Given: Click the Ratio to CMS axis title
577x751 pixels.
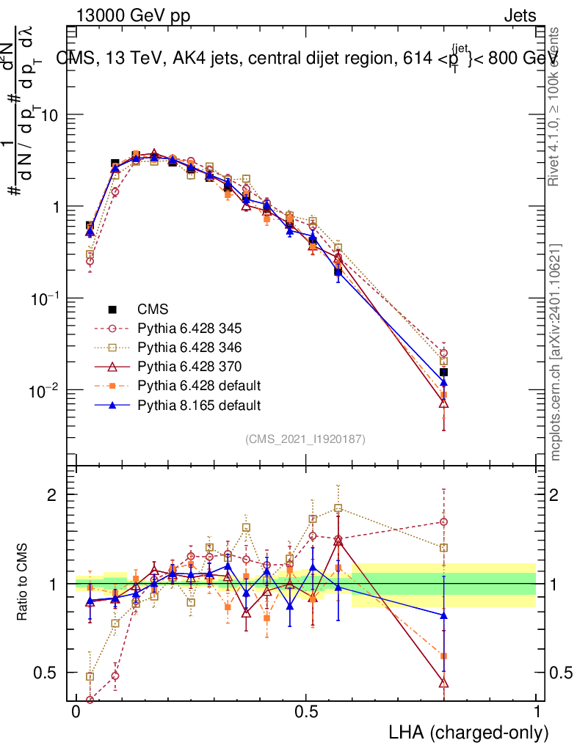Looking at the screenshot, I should [x=23, y=584].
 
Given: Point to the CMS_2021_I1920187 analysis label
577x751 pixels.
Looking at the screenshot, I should [x=305, y=439].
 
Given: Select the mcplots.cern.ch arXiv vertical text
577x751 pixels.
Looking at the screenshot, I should [x=556, y=352].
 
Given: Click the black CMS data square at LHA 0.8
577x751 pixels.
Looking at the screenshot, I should [x=443, y=373].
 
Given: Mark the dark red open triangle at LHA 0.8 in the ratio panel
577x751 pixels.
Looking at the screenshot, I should [x=443, y=683].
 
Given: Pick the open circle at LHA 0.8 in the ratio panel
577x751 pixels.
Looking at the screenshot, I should [x=443, y=522].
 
